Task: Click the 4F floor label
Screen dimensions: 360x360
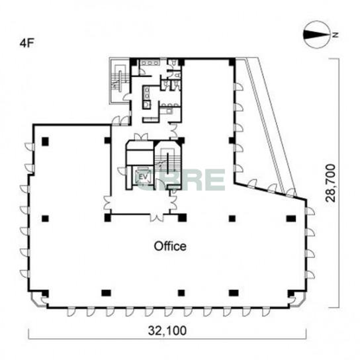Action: (27, 44)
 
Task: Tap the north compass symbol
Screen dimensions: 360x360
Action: (317, 34)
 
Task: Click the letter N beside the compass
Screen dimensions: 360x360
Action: (336, 35)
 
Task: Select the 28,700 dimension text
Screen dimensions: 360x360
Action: (331, 183)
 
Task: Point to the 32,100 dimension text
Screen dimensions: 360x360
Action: (167, 331)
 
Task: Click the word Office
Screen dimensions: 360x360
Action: (170, 246)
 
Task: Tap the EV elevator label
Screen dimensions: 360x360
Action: (143, 177)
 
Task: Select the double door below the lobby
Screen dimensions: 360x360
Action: (157, 218)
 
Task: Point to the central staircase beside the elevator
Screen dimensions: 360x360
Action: (167, 164)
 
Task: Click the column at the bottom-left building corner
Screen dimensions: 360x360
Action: (45, 293)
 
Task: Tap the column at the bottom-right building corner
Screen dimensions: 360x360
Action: (291, 293)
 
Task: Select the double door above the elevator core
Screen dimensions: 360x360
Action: (141, 136)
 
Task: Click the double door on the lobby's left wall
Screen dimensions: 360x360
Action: (107, 202)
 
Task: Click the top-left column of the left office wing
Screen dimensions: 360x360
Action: (45, 141)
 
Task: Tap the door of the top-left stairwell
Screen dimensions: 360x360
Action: (127, 97)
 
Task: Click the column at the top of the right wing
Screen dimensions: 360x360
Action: (232, 62)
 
